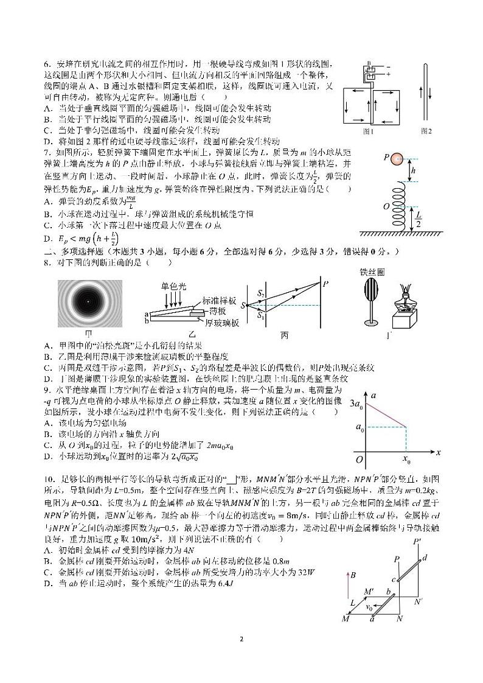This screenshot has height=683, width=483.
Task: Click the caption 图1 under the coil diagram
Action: click(367, 131)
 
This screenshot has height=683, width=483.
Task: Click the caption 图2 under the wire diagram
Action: click(426, 131)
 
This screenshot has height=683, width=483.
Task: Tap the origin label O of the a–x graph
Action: click(359, 459)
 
